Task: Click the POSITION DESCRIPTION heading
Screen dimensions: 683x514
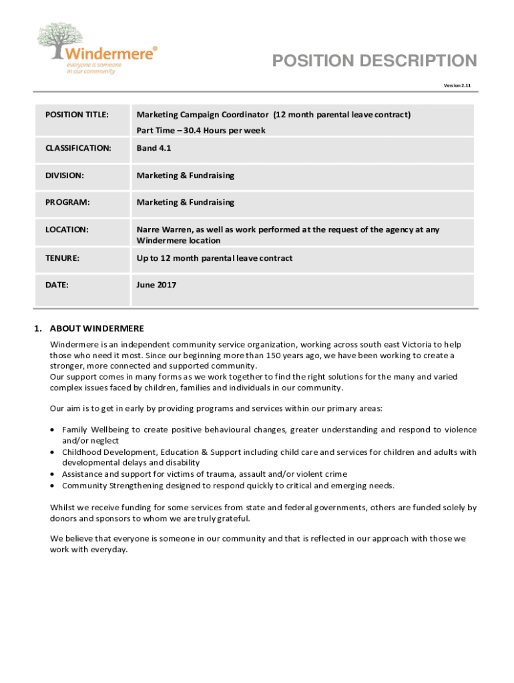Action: (x=374, y=61)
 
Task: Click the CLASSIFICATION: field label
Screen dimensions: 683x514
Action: (x=78, y=148)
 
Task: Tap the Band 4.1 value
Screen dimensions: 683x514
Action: (x=154, y=148)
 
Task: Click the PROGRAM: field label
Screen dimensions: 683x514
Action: (x=67, y=202)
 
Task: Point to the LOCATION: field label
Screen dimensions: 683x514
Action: (x=67, y=229)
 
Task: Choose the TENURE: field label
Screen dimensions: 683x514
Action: (x=63, y=258)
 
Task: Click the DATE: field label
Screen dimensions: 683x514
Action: (x=57, y=285)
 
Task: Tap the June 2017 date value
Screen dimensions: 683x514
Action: (x=156, y=285)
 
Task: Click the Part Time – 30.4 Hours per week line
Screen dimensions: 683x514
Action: (x=201, y=131)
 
